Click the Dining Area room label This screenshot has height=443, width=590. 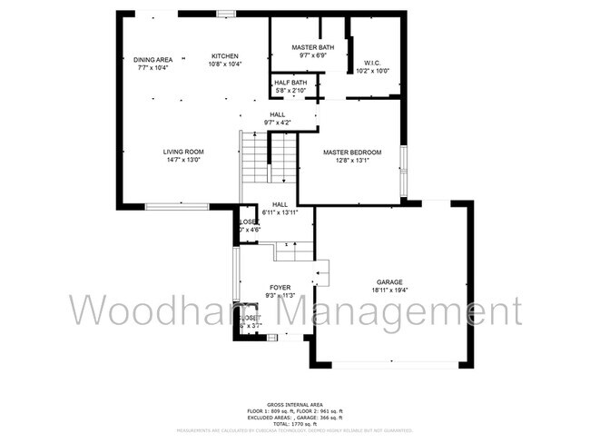pyautogui.click(x=152, y=60)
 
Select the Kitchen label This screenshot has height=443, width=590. pyautogui.click(x=225, y=56)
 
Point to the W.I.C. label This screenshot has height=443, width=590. pyautogui.click(x=371, y=63)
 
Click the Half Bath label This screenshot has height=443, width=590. pyautogui.click(x=290, y=83)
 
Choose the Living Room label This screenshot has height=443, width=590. pyautogui.click(x=183, y=152)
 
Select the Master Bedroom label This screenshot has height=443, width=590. pyautogui.click(x=352, y=152)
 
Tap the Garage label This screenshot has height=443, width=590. pyautogui.click(x=390, y=282)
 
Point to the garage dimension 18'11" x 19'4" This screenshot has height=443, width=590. pyautogui.click(x=390, y=290)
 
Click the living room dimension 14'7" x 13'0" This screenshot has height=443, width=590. pyautogui.click(x=183, y=160)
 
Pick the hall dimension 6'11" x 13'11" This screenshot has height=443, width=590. pyautogui.click(x=280, y=212)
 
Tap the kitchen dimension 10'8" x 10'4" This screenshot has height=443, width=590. pyautogui.click(x=225, y=64)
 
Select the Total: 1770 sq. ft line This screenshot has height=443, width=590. pyautogui.click(x=295, y=424)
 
